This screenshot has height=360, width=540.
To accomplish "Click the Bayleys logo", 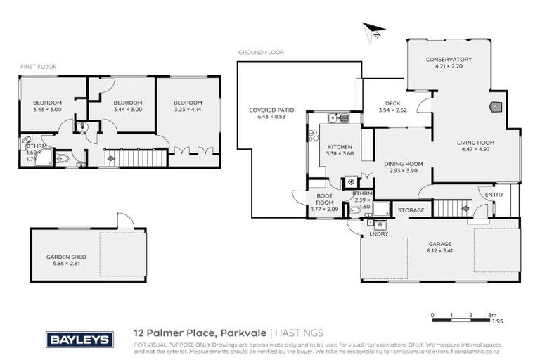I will [79, 340].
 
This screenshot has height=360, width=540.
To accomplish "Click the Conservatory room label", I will [449, 60].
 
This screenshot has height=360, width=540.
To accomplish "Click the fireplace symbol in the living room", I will [494, 108].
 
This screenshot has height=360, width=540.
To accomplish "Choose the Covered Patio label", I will [271, 110].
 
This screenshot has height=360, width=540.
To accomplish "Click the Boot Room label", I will [324, 199].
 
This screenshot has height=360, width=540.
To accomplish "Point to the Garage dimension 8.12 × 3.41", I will [441, 250].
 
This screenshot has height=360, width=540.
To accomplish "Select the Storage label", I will [411, 210].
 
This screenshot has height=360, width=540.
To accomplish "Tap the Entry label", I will [485, 195].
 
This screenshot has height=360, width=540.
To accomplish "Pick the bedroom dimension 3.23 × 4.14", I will [187, 109].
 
